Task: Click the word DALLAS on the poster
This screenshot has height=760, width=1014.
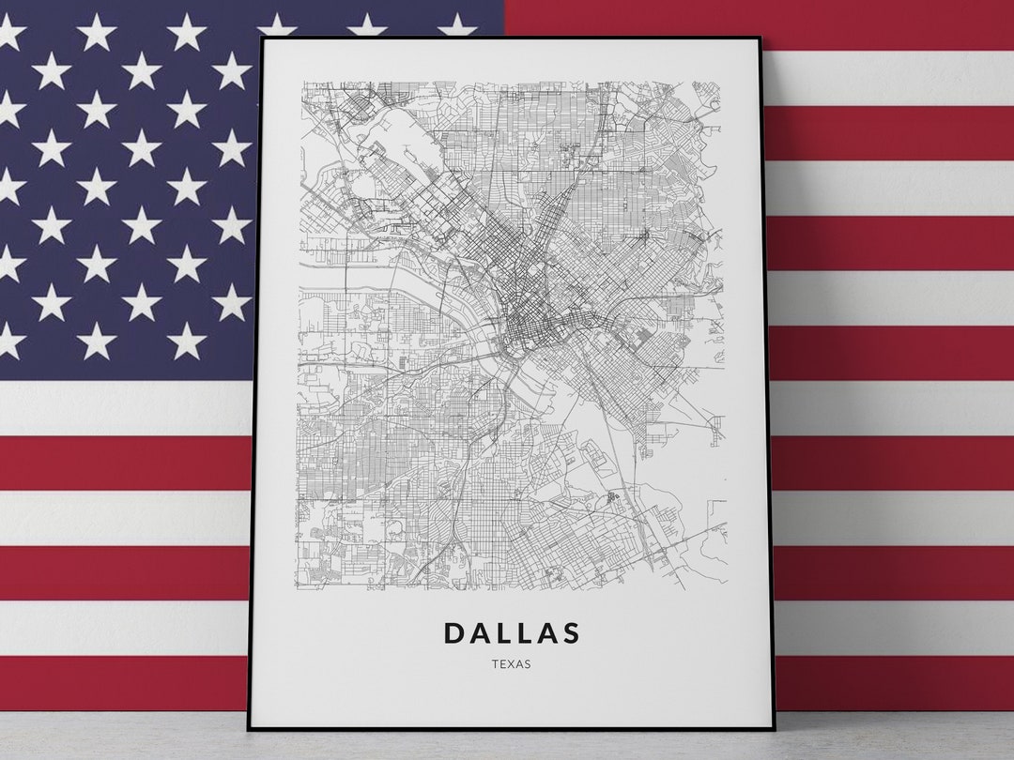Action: point(512,633)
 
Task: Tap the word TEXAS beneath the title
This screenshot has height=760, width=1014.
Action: point(511,664)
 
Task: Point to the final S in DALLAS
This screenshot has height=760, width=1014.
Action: point(570,633)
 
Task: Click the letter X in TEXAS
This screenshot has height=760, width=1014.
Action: point(511,664)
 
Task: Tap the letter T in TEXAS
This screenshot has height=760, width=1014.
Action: point(494,664)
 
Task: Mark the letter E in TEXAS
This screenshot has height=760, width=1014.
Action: point(502,664)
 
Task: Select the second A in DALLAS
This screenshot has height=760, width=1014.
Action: point(546,633)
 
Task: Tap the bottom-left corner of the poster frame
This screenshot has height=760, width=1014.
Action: point(250,727)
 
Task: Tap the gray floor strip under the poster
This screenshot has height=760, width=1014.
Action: point(507,746)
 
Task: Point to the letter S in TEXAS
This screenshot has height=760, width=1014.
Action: point(529,664)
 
